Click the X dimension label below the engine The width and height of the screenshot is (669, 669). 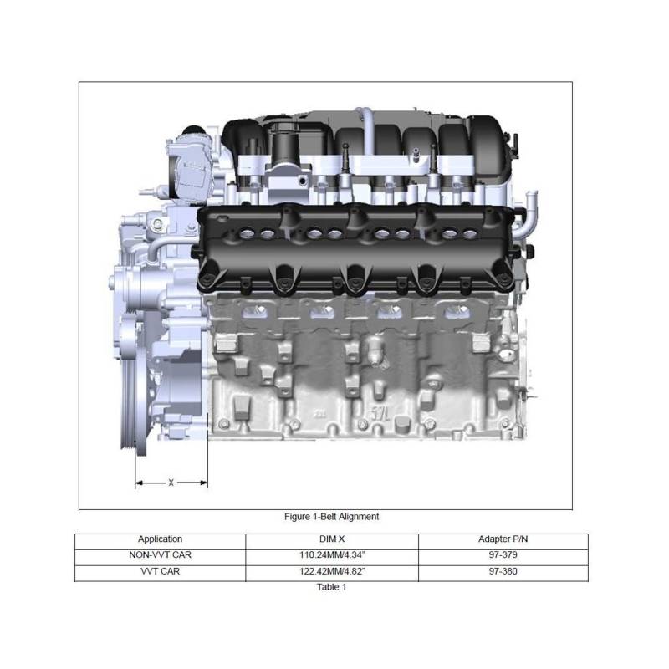[x=171, y=483]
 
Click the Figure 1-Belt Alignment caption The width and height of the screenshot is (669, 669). [x=331, y=517]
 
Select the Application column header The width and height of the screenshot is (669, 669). [x=160, y=539]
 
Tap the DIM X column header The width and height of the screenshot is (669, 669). [x=332, y=539]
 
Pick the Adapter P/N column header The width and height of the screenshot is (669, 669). [x=503, y=539]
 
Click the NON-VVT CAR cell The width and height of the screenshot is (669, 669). [x=160, y=555]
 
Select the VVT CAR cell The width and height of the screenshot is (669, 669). [x=160, y=571]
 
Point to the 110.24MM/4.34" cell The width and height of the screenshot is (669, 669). [x=332, y=555]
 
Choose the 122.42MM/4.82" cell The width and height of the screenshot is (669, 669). [x=332, y=571]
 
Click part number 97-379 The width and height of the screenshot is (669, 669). [x=503, y=555]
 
